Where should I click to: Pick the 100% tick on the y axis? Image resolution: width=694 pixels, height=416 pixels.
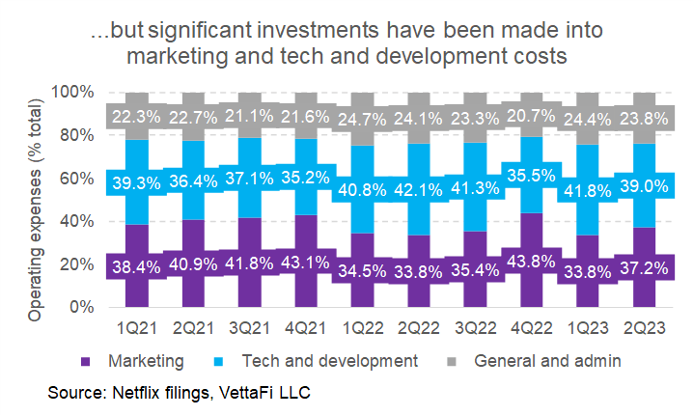[73, 93]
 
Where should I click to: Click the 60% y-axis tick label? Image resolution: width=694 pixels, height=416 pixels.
[77, 179]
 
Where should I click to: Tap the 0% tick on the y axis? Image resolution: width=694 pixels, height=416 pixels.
[81, 307]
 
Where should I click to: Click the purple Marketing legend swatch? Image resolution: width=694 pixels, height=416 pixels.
[87, 362]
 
